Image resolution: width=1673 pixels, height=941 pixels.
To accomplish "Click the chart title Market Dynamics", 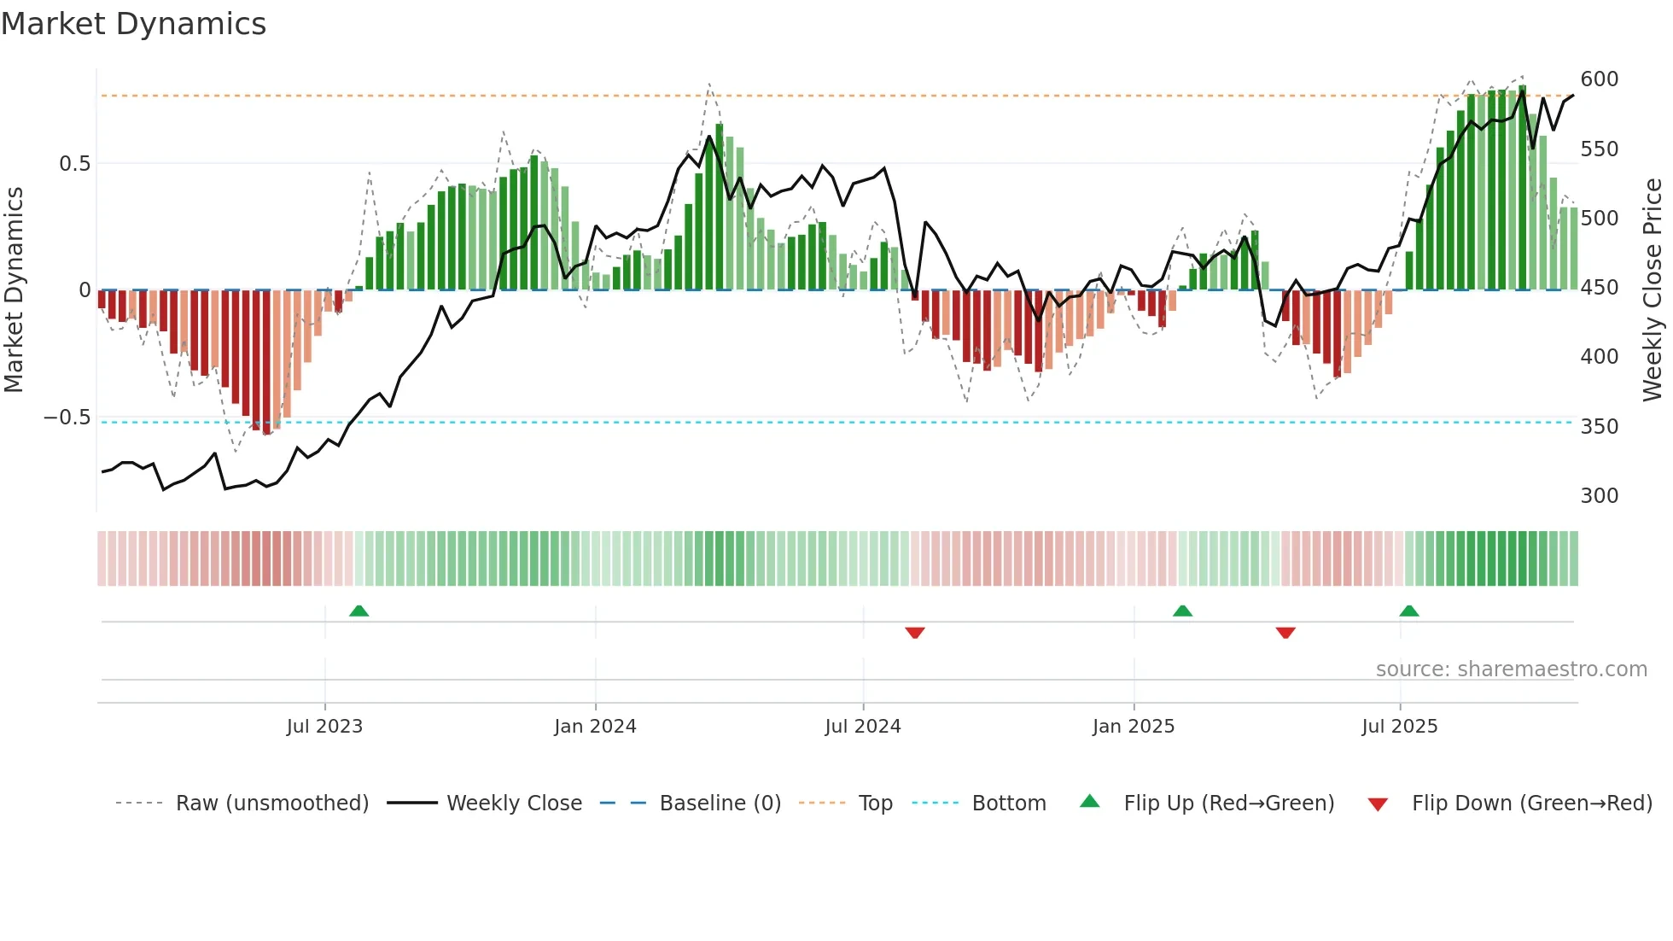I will [133, 24].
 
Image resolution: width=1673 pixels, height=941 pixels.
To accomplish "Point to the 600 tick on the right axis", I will [1599, 79].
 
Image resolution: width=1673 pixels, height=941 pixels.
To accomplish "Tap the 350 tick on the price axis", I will [1599, 426].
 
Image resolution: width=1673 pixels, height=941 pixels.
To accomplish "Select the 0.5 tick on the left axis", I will [74, 163].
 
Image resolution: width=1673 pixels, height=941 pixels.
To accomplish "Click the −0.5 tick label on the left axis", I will [67, 418].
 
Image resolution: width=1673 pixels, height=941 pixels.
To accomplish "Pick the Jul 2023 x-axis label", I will [324, 727].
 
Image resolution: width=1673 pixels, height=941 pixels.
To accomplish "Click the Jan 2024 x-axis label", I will [595, 727].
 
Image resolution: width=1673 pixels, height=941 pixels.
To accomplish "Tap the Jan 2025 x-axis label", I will [1133, 727].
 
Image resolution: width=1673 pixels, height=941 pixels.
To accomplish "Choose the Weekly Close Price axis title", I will [1653, 289].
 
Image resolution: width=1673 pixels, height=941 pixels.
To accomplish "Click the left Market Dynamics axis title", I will [14, 289].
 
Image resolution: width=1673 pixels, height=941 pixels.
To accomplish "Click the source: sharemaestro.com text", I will [1511, 669].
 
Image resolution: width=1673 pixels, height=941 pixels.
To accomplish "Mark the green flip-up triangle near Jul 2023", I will [358, 611].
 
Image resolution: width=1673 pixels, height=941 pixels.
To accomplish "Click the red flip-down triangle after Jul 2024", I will [914, 633].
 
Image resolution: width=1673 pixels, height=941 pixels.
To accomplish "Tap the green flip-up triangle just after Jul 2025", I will [1408, 611].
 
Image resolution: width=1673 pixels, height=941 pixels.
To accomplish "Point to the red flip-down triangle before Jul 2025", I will [1285, 633].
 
